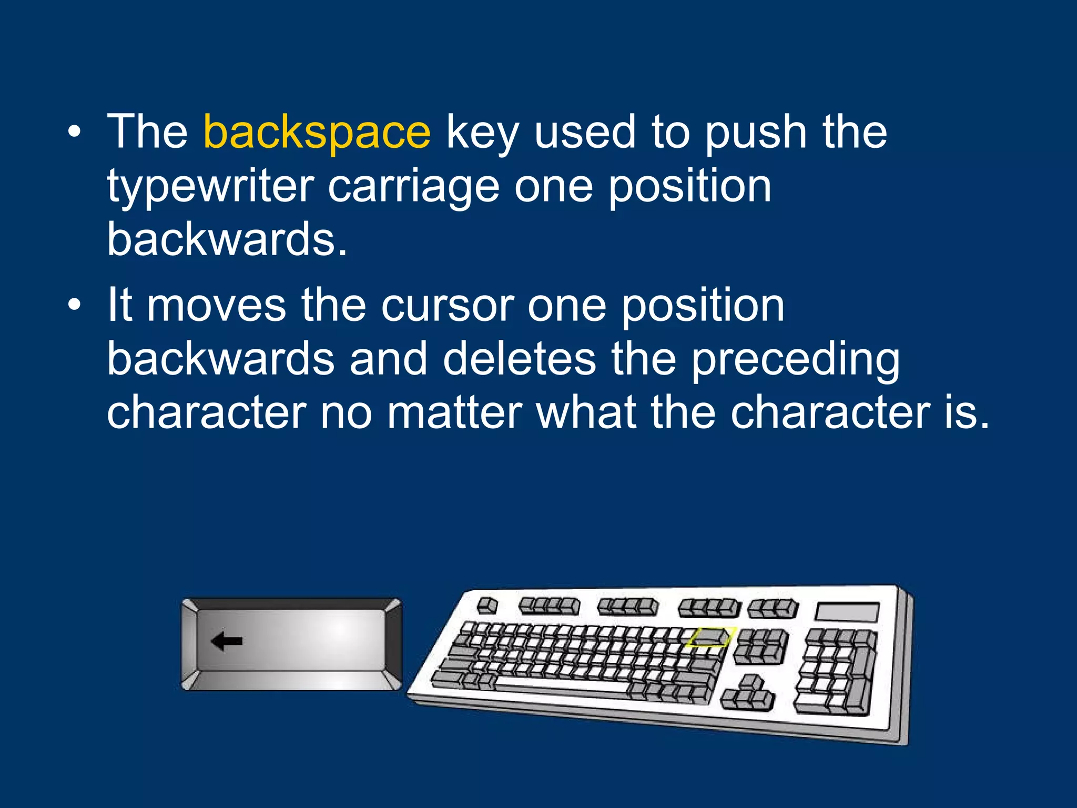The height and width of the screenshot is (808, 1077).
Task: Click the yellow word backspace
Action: (x=317, y=133)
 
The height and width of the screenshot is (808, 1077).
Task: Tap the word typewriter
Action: (x=210, y=186)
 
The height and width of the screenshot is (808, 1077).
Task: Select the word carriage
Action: (x=413, y=186)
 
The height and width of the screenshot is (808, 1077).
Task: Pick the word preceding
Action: (x=795, y=360)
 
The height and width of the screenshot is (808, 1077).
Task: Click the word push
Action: (x=756, y=133)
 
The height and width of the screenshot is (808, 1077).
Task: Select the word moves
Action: (x=216, y=306)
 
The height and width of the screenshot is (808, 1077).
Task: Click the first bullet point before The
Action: (x=75, y=133)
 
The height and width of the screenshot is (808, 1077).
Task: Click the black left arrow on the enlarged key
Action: (x=227, y=641)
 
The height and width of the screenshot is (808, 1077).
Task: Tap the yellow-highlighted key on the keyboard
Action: (x=708, y=637)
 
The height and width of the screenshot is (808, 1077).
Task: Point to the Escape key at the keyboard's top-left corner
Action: (x=487, y=605)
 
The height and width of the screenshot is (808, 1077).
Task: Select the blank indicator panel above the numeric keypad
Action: (x=847, y=612)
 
